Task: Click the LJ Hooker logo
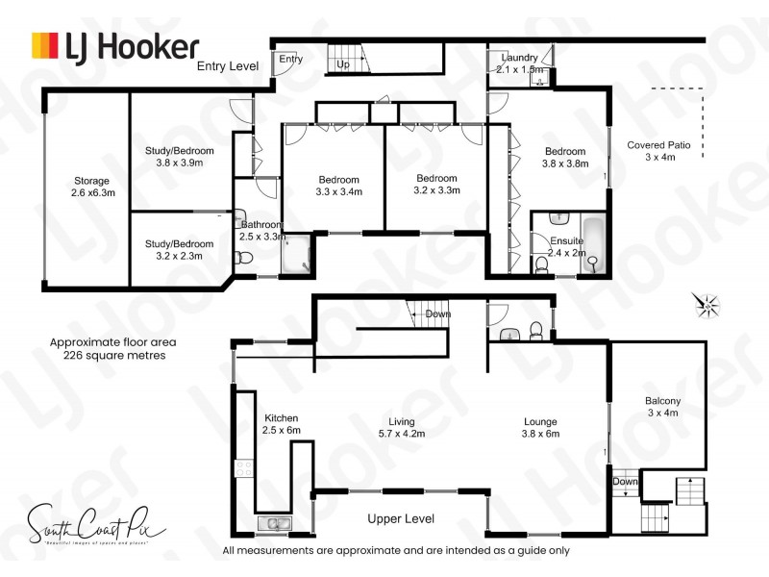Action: (115, 45)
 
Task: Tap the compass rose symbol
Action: (708, 306)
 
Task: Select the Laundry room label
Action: (520, 63)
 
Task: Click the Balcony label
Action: (662, 407)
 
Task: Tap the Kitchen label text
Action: (282, 424)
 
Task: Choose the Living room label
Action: (401, 427)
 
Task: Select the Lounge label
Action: (539, 427)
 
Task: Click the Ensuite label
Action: (566, 246)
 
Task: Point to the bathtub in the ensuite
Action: (594, 244)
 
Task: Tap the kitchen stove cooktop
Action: (244, 471)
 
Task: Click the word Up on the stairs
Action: (342, 64)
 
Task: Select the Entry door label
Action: (291, 60)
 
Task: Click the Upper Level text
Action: (401, 518)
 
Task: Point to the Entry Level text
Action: (228, 66)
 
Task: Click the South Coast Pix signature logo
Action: (95, 528)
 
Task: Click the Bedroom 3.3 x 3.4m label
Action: (339, 186)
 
